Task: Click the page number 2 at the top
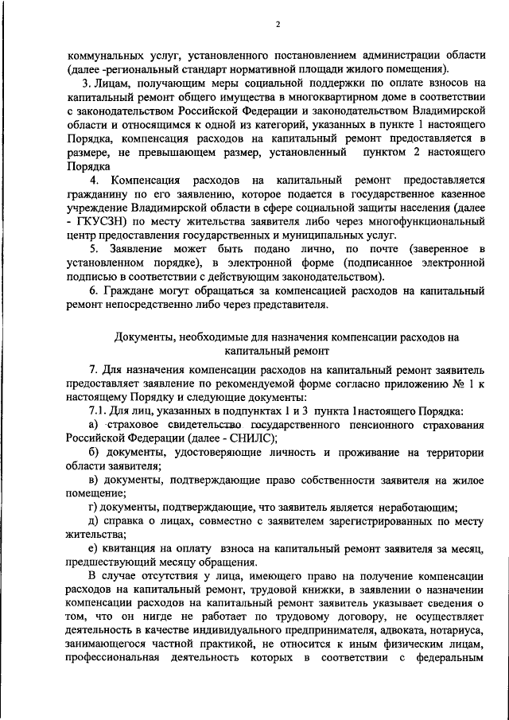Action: point(278,23)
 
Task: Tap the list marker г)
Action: point(93,507)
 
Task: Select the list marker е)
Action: point(93,548)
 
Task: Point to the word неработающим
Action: point(415,507)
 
